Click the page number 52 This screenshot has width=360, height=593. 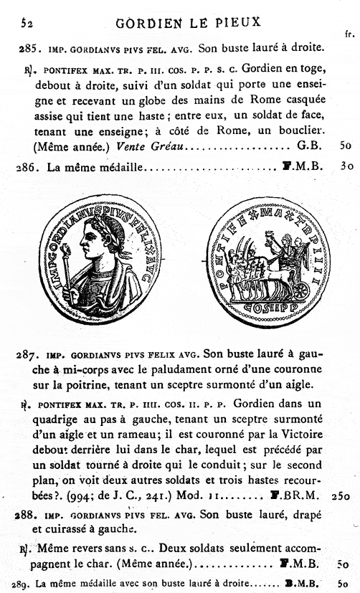[27, 22]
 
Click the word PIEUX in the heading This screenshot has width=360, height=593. [235, 22]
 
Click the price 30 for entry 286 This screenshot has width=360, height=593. [346, 166]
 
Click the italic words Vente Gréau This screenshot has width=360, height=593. [138, 146]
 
